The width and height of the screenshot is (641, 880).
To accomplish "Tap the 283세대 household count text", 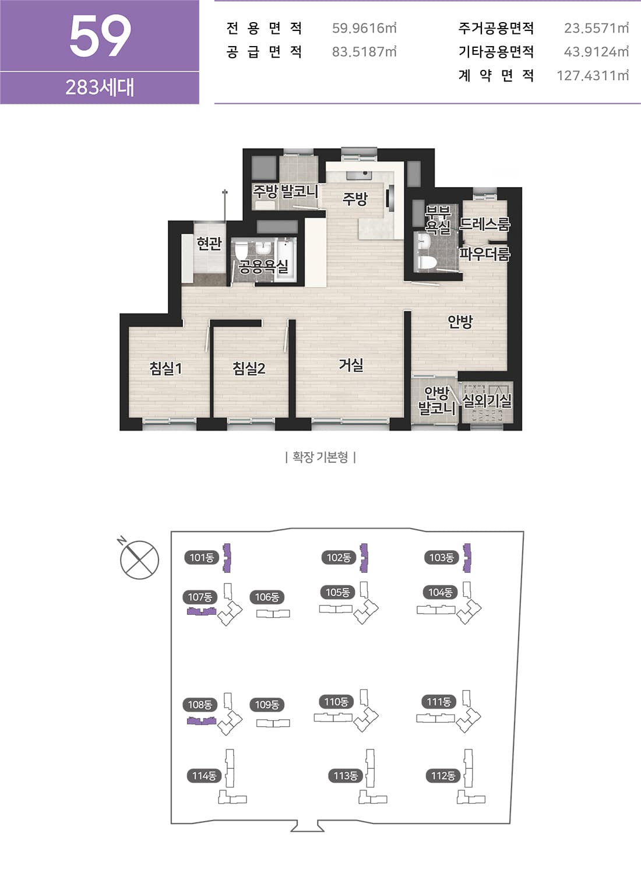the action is (x=100, y=87).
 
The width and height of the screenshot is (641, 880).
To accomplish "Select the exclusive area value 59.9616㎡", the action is (x=364, y=28).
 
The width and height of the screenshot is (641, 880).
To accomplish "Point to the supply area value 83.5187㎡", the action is (x=364, y=51).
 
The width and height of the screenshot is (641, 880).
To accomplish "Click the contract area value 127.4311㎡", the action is (x=593, y=75).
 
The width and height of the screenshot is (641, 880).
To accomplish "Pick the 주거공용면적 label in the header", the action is (x=496, y=28).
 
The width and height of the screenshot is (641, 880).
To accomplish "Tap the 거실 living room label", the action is (x=351, y=365).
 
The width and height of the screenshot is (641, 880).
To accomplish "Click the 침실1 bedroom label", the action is (x=165, y=368).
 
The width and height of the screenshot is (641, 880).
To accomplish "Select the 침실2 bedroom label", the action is (x=249, y=368).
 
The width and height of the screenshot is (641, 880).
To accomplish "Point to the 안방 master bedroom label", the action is (x=460, y=322).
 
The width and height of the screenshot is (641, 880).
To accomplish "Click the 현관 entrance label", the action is (x=209, y=244).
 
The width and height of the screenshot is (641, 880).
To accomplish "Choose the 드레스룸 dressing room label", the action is (x=485, y=224).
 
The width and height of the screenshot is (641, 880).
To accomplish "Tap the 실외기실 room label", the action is (x=487, y=401).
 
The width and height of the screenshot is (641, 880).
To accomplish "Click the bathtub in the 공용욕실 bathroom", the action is (x=286, y=260).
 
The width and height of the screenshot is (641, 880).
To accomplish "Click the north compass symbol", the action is (x=139, y=560).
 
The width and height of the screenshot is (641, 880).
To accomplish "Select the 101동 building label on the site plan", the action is (x=202, y=558).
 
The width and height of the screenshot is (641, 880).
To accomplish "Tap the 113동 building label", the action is (x=346, y=776).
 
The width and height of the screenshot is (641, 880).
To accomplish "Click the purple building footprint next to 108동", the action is (x=202, y=721).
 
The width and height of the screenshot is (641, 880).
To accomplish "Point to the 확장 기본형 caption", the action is (x=320, y=457).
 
